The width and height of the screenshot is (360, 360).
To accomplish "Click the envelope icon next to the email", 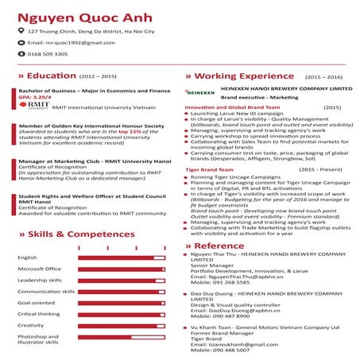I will click(x=21, y=41).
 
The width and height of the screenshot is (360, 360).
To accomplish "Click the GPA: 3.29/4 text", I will click(x=35, y=97).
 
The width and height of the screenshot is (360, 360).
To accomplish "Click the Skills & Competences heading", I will click(x=72, y=235).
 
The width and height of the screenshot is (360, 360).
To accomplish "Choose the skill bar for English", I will click(x=122, y=257).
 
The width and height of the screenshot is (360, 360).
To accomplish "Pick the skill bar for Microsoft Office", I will click(x=122, y=269).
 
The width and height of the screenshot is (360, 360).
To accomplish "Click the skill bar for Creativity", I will click(x=122, y=325).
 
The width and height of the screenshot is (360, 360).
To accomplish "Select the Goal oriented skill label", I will click(x=37, y=302).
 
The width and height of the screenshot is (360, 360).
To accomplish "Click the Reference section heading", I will click(x=219, y=246).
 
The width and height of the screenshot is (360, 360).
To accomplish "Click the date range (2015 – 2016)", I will click(x=323, y=76).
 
